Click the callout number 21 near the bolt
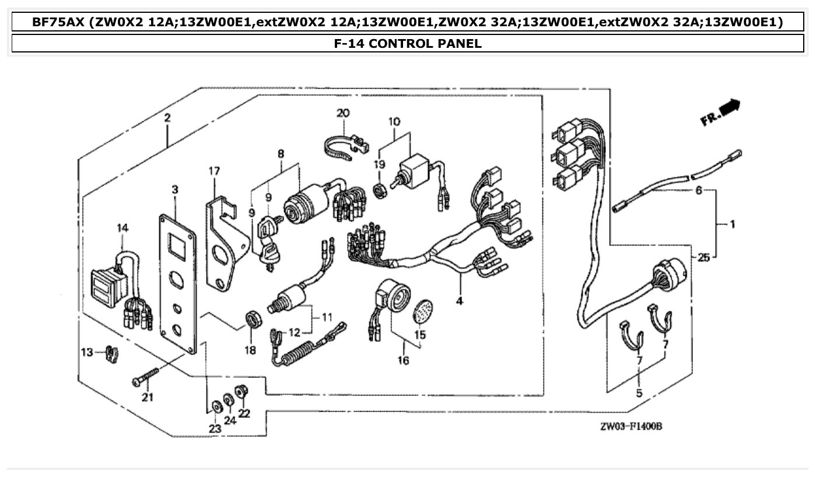[147, 398]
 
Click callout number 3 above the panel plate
[174, 190]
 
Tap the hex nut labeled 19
[379, 190]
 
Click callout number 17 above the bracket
[215, 171]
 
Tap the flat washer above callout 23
[215, 406]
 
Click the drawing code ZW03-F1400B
[630, 426]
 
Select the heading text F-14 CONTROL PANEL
[408, 43]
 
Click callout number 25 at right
[703, 257]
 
